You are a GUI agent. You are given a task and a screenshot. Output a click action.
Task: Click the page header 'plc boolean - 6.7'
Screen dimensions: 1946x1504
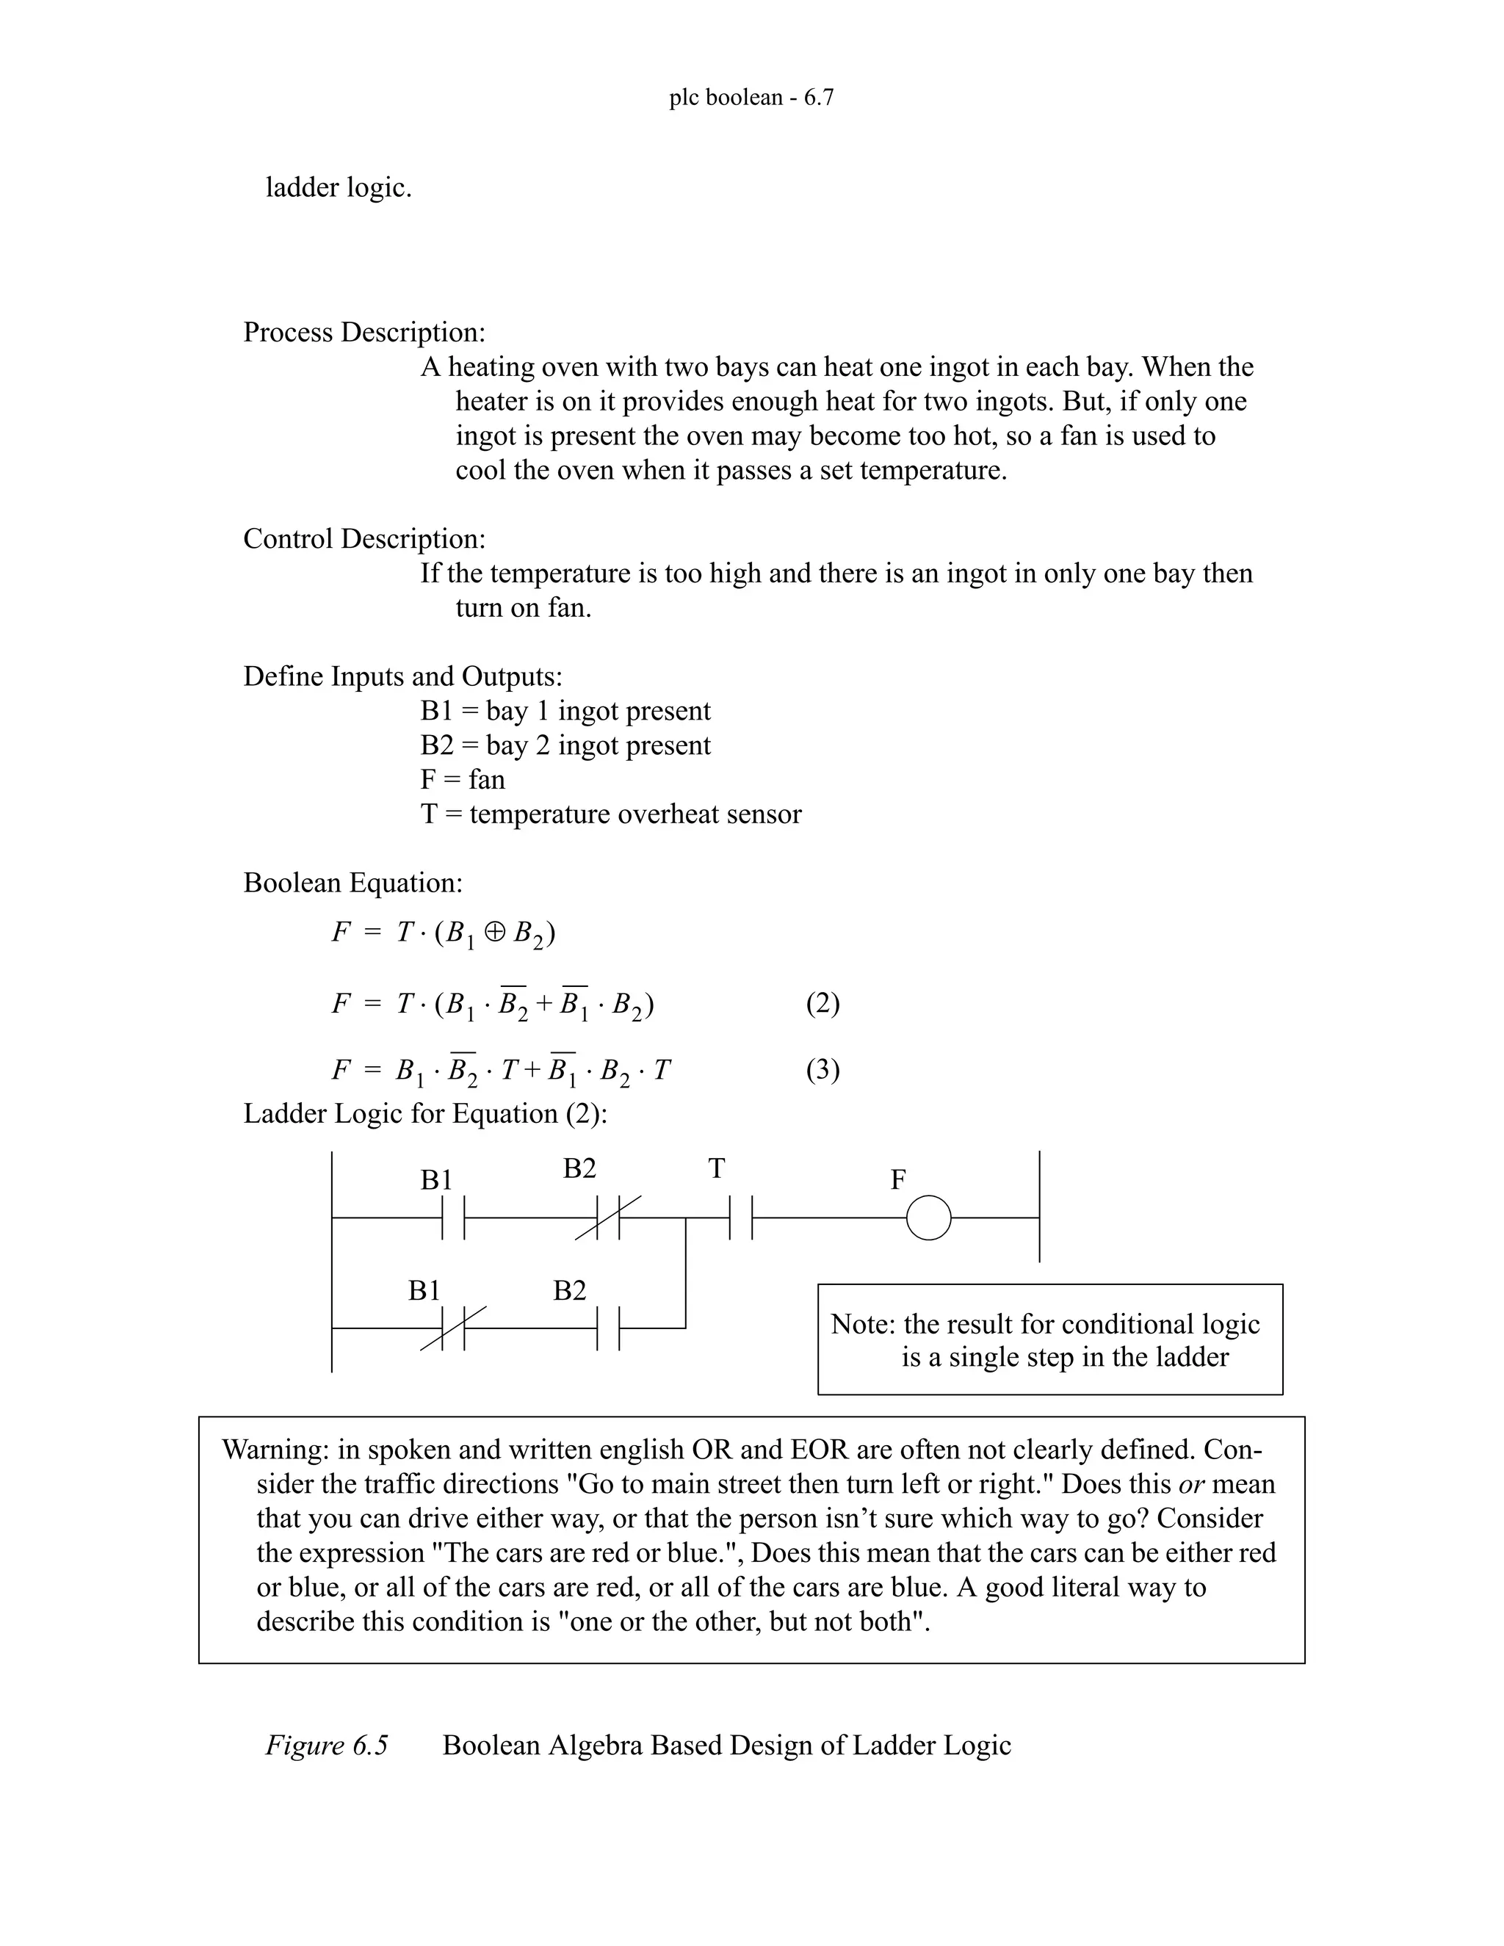[x=751, y=97]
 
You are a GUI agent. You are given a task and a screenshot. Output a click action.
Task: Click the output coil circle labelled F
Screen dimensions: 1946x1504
[x=928, y=1217]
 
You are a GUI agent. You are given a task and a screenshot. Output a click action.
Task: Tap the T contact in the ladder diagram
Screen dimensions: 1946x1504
[x=740, y=1217]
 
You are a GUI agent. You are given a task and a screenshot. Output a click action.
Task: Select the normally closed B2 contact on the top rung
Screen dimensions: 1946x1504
[x=607, y=1217]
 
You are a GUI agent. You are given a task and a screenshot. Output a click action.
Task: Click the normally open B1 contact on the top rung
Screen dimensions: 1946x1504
[x=454, y=1217]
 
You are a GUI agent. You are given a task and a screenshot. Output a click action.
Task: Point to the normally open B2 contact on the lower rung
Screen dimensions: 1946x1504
[x=607, y=1328]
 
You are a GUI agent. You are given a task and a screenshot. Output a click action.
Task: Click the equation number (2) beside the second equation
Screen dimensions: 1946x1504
[x=822, y=1003]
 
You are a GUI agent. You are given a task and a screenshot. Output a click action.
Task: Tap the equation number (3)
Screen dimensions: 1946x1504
[x=822, y=1069]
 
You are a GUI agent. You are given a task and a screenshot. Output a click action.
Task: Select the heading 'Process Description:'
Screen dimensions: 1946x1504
[x=364, y=333]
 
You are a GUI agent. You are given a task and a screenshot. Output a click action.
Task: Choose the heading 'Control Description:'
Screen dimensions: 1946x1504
[x=364, y=539]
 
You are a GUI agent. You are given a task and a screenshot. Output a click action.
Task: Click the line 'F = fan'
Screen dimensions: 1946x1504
[x=463, y=780]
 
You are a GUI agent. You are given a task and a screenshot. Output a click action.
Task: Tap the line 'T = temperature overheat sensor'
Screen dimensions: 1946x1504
[x=610, y=814]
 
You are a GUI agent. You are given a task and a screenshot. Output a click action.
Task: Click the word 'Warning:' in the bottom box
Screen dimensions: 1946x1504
[x=275, y=1450]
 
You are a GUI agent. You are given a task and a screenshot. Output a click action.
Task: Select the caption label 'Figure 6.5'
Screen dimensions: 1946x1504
[x=326, y=1745]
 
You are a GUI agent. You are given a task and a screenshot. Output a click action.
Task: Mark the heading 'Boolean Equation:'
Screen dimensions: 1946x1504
[x=352, y=883]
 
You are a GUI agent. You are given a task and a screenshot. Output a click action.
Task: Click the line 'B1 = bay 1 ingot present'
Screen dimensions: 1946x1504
[x=565, y=711]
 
